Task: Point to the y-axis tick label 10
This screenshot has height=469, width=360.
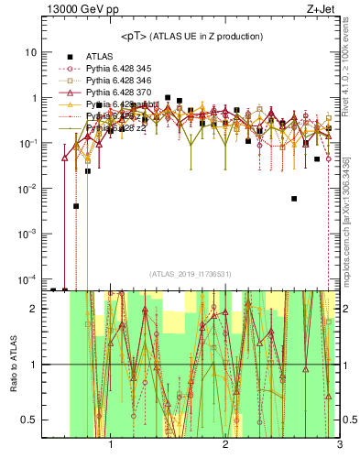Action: [29, 52]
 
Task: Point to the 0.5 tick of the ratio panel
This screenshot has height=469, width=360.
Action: [27, 420]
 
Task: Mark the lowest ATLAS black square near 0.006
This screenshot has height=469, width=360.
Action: [294, 198]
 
